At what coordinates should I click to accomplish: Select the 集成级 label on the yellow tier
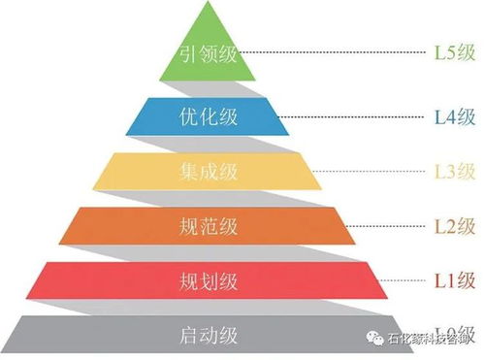(x=209, y=172)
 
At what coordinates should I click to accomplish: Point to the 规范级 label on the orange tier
(x=209, y=227)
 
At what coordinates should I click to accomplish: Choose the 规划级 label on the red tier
(x=209, y=282)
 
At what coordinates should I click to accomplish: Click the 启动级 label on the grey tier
(x=209, y=337)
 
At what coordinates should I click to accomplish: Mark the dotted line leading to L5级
(x=339, y=53)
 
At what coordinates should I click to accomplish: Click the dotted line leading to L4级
(x=359, y=116)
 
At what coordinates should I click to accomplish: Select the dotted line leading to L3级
(x=378, y=172)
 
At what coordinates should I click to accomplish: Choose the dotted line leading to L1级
(x=407, y=282)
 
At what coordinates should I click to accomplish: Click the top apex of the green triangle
(x=209, y=4)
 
